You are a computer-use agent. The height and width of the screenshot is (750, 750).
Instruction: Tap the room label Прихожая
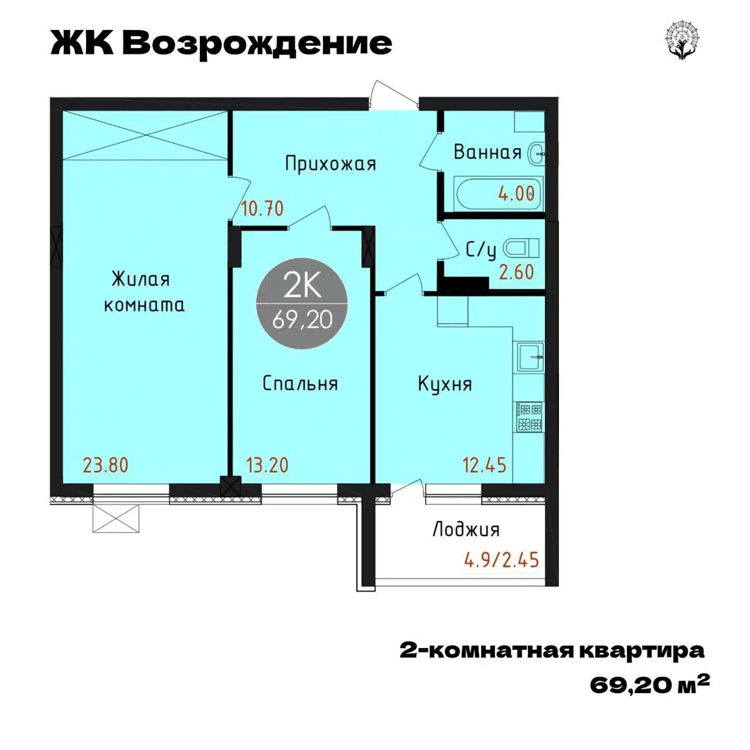tap(331, 164)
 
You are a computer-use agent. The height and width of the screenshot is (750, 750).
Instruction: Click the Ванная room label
tap(487, 153)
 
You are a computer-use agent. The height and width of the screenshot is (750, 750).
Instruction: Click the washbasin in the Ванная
tap(536, 154)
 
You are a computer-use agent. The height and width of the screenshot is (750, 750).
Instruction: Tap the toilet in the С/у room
tap(521, 247)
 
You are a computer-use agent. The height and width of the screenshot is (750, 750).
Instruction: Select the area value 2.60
tap(517, 272)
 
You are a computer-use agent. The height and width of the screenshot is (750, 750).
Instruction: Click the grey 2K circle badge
tap(301, 303)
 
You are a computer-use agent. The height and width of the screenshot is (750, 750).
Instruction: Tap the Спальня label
tap(300, 383)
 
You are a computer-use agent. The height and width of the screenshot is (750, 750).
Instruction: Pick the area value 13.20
tap(269, 465)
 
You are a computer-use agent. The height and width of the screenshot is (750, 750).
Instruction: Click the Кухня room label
tap(445, 384)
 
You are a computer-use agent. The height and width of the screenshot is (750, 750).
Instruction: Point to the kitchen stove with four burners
tap(529, 417)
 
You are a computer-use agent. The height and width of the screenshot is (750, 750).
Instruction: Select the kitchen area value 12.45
tap(485, 465)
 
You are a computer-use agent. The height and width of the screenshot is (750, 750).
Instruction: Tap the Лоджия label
tap(466, 531)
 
